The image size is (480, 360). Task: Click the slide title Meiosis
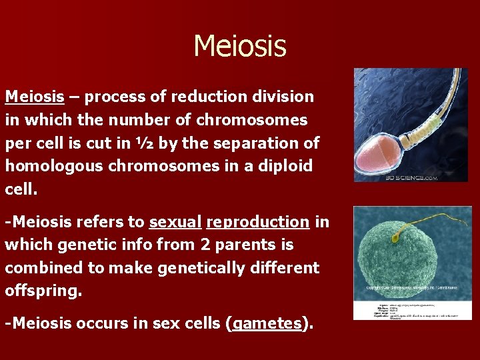click(x=239, y=47)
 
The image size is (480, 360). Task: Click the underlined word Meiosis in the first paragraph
click(x=35, y=97)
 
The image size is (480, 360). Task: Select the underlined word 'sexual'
click(x=175, y=222)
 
